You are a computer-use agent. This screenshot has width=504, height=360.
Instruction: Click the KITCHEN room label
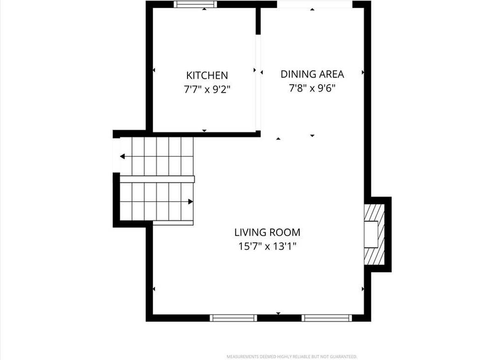coord(207,75)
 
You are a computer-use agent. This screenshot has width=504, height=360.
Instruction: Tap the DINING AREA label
coord(312,74)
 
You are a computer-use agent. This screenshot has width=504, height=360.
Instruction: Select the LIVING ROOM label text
coord(267,232)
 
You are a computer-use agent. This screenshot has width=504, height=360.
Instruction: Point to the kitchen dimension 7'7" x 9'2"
coord(207,89)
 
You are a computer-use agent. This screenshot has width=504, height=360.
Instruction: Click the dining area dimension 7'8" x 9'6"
coord(312,88)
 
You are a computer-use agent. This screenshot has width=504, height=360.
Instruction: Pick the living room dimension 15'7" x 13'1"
coord(267,246)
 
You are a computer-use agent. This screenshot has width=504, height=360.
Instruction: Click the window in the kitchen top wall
coord(196,4)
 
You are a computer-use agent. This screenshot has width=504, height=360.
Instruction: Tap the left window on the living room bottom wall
coord(233,318)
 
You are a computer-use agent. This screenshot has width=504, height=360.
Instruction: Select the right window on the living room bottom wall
coord(327,318)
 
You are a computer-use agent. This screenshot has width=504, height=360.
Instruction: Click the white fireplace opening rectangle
coord(371,234)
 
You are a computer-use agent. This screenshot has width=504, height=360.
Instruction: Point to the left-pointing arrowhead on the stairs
coord(122,157)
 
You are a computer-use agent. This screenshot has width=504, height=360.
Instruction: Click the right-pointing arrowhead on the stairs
coord(190,202)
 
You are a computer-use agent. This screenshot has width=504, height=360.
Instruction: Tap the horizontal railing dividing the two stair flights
coord(157,179)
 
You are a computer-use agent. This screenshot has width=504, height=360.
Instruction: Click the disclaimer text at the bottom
coord(292,356)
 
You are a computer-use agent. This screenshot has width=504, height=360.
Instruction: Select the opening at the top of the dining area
coord(315,4)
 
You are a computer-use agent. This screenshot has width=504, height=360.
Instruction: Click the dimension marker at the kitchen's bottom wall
coord(204,131)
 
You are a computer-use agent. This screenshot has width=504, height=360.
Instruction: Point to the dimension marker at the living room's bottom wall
coord(278,313)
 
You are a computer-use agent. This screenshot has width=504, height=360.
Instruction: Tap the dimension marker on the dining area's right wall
coord(363,72)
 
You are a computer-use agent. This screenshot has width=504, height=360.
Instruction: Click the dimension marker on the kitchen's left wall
coord(154,70)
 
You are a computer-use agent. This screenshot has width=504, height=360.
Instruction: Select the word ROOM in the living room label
coord(285,232)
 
